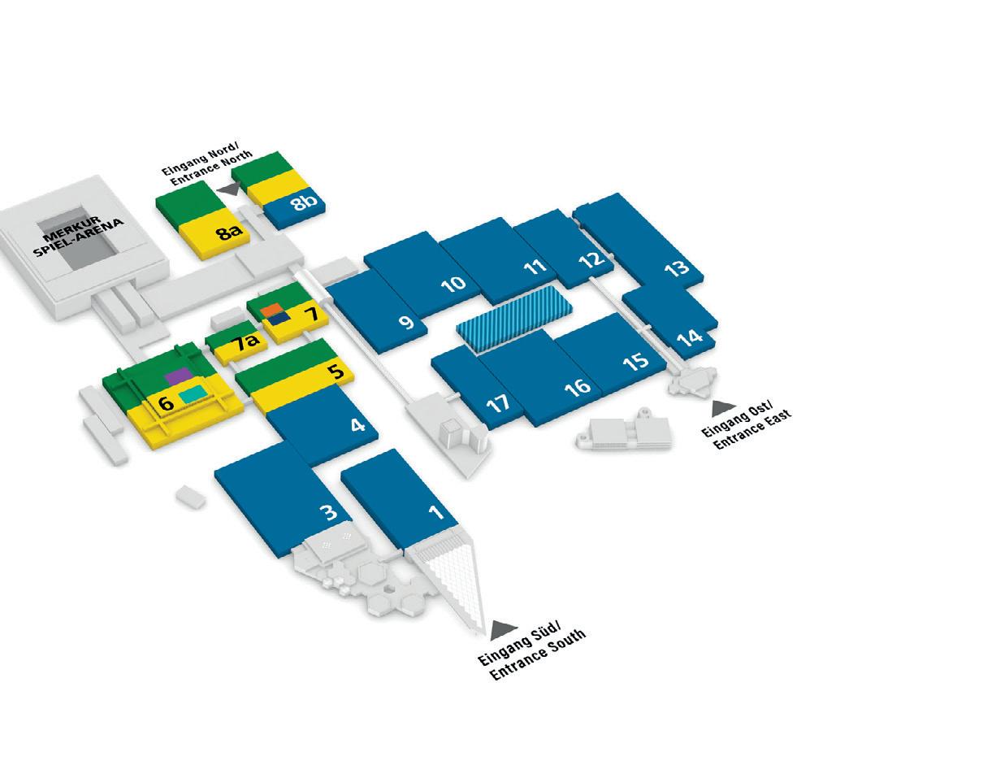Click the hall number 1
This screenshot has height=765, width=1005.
pos(435,512)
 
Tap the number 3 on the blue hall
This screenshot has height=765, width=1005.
pos(328,512)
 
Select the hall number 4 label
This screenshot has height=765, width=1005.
pos(357,424)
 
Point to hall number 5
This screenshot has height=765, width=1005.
pos(336,372)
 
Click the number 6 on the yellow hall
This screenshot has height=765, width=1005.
pos(166,402)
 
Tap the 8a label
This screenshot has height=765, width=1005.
pos(229,233)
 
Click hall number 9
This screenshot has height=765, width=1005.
pos(406,322)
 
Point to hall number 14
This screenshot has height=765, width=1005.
pos(689,336)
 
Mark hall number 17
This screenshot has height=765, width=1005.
pos(497,402)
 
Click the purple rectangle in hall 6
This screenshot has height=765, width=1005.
pos(178,375)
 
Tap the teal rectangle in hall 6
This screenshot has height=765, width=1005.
pos(193,394)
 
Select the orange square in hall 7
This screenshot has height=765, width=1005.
pos(271,308)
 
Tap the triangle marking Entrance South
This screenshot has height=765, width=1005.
pos(503,629)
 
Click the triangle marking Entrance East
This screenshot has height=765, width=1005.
pos(722,408)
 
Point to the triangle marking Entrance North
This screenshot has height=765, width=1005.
pos(230,189)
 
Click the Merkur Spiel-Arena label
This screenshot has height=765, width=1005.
pos(78,236)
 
